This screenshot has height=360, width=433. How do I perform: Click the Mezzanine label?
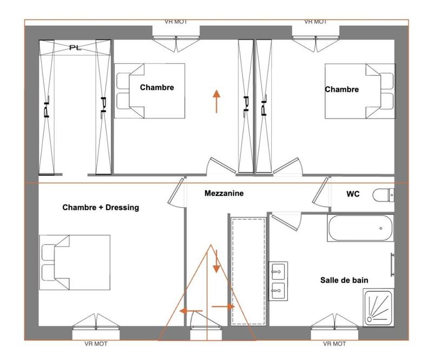[224, 193]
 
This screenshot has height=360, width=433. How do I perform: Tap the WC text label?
[353, 194]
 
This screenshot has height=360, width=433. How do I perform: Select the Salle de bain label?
[344, 280]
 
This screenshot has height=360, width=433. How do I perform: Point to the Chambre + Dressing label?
[101, 207]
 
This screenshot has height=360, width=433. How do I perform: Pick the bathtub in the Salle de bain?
[359, 228]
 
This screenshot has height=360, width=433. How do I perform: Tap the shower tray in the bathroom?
[378, 307]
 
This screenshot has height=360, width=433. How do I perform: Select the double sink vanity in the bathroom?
[278, 280]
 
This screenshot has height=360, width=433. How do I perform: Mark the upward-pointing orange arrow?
[216, 101]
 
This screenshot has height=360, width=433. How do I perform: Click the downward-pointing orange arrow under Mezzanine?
[216, 261]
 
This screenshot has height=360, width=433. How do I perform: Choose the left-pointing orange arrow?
[191, 311]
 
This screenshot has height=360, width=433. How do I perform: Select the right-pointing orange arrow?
[223, 306]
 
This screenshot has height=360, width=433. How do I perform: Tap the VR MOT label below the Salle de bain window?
[334, 344]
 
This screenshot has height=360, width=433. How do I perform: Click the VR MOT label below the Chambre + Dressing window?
[96, 344]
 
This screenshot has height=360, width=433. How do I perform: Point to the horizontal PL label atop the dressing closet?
[75, 48]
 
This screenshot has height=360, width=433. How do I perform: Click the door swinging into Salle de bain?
[286, 221]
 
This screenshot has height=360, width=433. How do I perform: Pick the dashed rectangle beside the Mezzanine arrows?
[247, 270]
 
